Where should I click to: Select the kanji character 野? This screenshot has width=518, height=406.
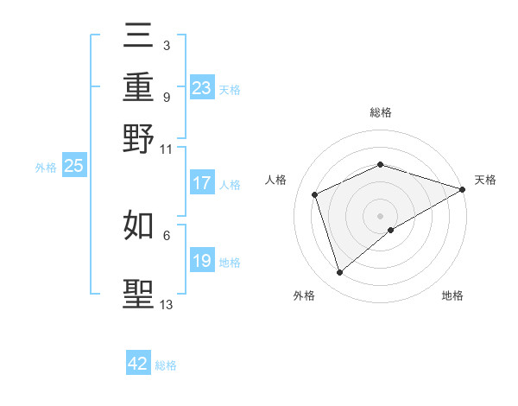pyautogui.click(x=139, y=138)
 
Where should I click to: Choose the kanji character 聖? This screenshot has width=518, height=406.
pyautogui.click(x=139, y=293)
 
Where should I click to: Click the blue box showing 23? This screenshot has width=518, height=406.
pyautogui.click(x=201, y=87)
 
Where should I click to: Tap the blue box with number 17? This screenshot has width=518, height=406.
pyautogui.click(x=201, y=183)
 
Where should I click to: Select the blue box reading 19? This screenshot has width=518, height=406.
pyautogui.click(x=201, y=261)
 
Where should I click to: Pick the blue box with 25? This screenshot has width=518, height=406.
pyautogui.click(x=73, y=166)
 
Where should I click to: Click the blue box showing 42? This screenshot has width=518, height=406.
pyautogui.click(x=138, y=364)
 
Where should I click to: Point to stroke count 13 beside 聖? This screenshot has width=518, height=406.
pyautogui.click(x=167, y=304)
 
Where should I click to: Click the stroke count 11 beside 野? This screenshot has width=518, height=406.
pyautogui.click(x=166, y=149)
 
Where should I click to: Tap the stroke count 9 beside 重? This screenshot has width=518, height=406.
pyautogui.click(x=167, y=97)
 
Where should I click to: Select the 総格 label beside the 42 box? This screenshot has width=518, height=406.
pyautogui.click(x=166, y=365)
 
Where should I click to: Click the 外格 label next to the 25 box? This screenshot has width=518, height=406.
pyautogui.click(x=45, y=168)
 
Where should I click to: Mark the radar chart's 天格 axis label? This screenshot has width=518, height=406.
pyautogui.click(x=486, y=180)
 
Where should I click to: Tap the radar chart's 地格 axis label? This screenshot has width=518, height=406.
pyautogui.click(x=452, y=295)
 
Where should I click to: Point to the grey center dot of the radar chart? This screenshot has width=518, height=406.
pyautogui.click(x=381, y=215)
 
